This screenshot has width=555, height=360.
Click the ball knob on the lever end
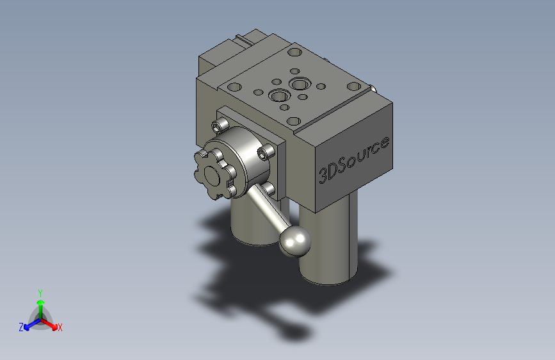pyautogui.click(x=295, y=241)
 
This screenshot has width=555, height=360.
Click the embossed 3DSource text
pyautogui.click(x=354, y=159)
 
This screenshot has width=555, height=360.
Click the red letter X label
pyautogui.click(x=60, y=328)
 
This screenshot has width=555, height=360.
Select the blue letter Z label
pyautogui.click(x=21, y=327)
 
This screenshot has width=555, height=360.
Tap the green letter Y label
pyautogui.click(x=40, y=291)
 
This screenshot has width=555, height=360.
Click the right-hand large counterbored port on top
pyautogui.click(x=299, y=84)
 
